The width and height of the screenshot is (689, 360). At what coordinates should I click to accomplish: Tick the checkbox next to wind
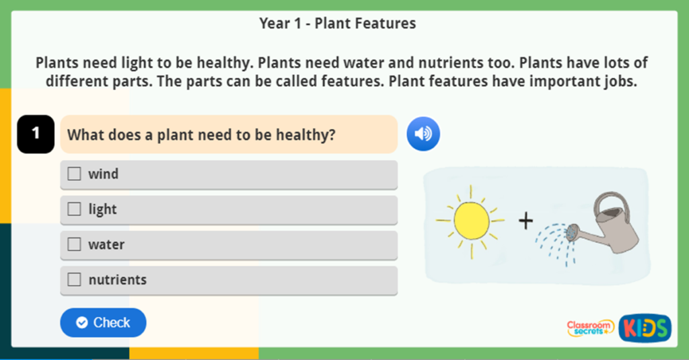74,174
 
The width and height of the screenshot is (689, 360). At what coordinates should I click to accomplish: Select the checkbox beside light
74,209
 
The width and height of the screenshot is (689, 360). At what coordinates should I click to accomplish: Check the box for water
74,244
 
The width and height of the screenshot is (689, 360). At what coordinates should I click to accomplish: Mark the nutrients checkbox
74,279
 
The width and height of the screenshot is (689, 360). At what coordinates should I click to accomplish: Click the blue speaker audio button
423,134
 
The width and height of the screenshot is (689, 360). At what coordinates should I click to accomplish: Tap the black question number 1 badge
36,134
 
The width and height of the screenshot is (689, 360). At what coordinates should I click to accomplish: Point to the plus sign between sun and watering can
525,221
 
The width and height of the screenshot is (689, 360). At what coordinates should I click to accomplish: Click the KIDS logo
645,328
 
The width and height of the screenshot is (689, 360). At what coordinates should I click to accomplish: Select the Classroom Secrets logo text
590,328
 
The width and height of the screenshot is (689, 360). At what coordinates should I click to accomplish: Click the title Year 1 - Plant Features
338,24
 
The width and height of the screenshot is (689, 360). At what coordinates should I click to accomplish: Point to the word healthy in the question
305,135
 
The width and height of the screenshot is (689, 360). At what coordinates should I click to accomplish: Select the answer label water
106,244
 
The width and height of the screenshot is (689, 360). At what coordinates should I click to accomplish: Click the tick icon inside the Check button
82,323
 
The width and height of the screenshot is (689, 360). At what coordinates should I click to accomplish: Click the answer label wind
104,174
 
